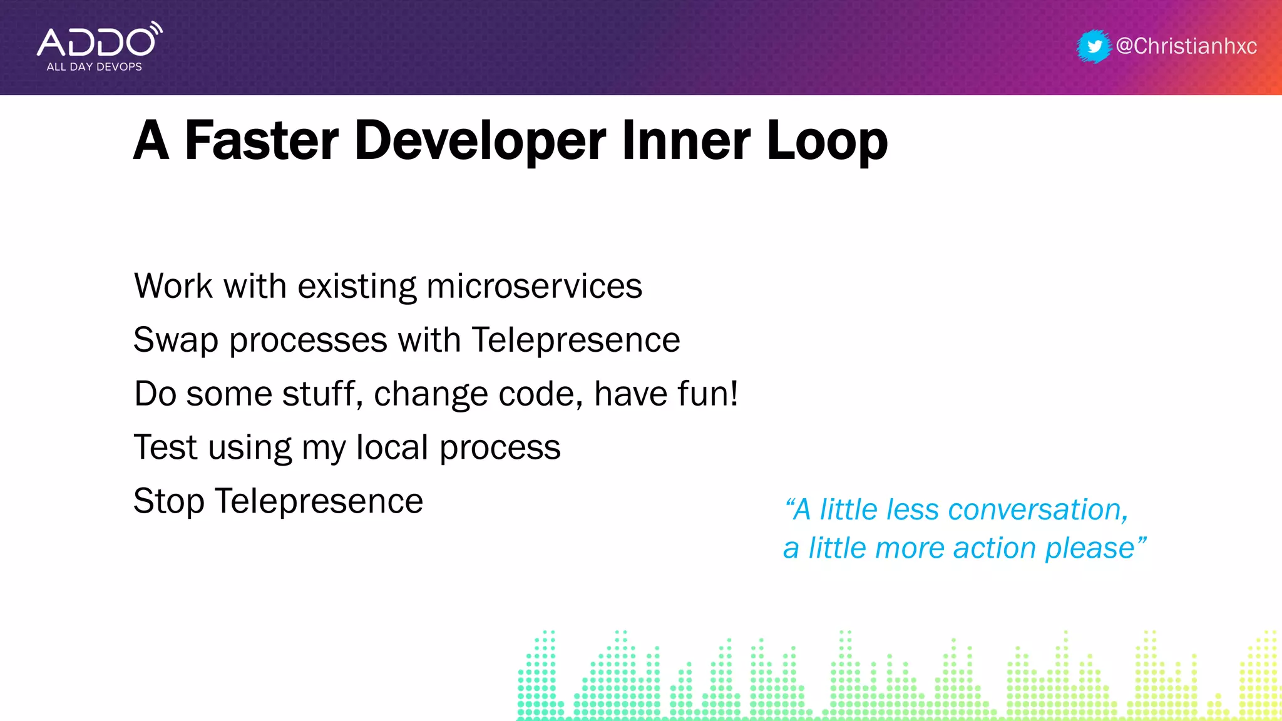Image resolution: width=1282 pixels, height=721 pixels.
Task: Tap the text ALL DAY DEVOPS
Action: click(x=94, y=67)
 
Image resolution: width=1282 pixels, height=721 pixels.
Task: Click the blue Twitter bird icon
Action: click(x=1094, y=46)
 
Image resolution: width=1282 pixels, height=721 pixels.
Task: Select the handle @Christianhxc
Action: click(x=1186, y=46)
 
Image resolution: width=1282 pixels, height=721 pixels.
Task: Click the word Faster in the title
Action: click(x=262, y=141)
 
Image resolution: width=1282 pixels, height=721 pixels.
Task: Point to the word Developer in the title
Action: click(x=480, y=141)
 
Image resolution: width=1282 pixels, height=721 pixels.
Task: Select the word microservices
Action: click(x=534, y=287)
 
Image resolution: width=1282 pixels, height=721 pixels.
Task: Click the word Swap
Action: click(x=176, y=340)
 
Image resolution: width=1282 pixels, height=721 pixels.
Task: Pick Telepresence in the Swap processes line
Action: click(x=576, y=340)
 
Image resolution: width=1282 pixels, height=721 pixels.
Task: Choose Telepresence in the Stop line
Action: click(x=319, y=502)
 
